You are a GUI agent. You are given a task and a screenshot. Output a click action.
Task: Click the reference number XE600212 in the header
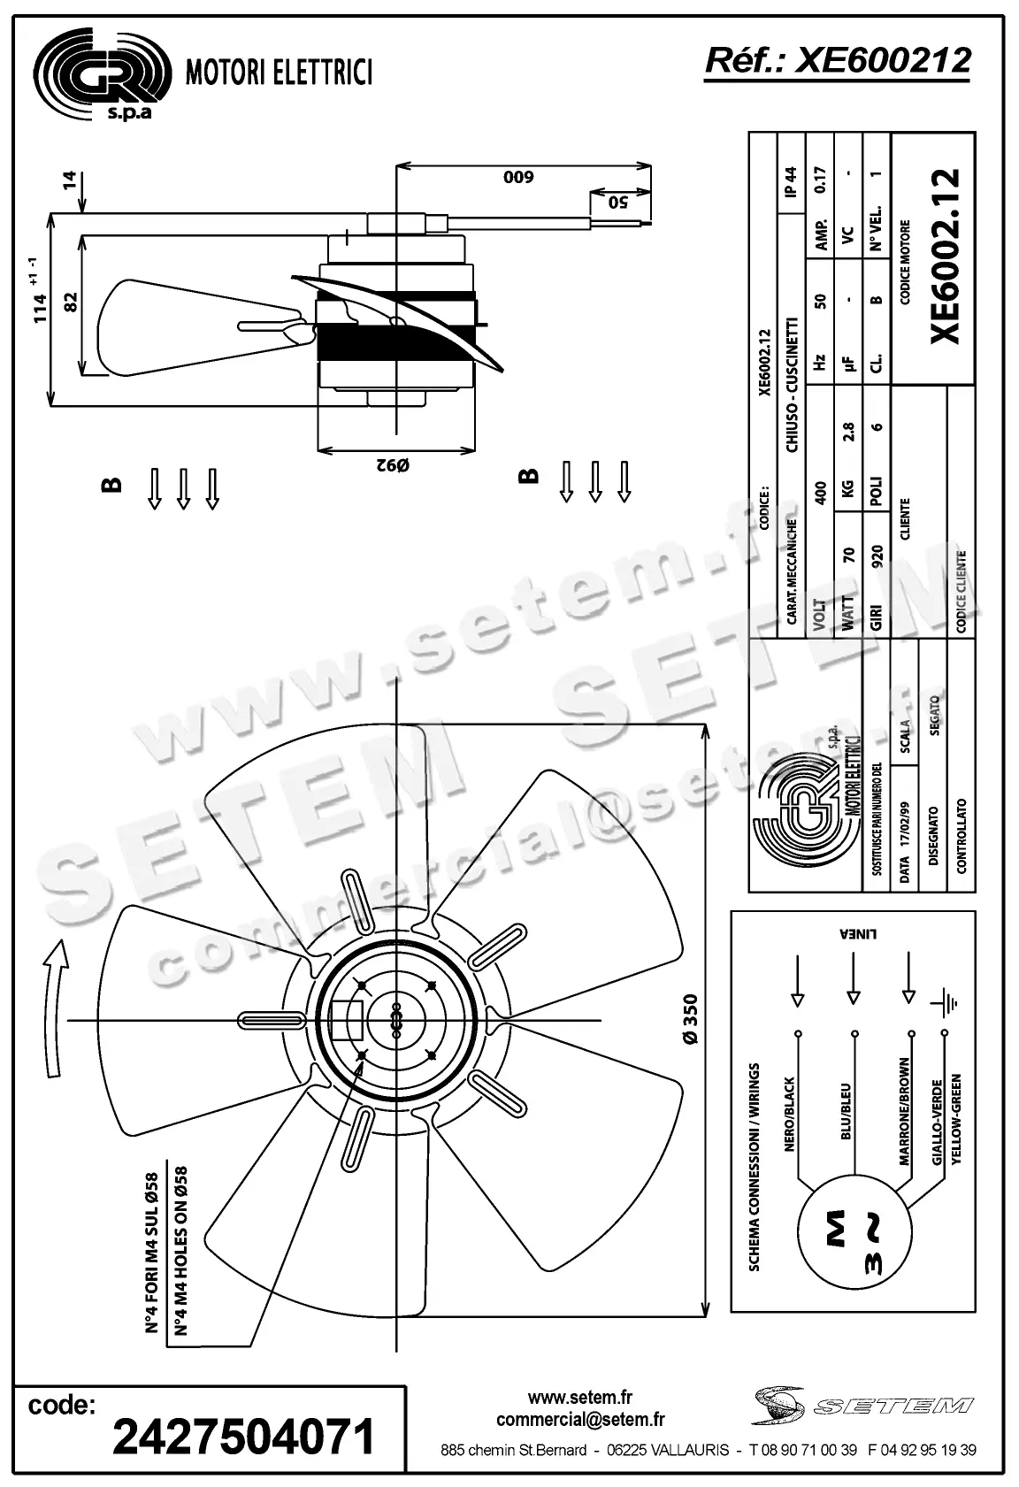837,59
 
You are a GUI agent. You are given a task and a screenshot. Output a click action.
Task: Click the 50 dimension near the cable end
618,202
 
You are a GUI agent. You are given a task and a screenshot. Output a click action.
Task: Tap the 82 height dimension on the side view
72,303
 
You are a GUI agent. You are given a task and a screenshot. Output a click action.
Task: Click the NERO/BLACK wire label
790,1115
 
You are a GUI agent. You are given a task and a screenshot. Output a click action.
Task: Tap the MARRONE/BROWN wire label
904,1112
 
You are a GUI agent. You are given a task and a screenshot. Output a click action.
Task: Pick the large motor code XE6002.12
946,257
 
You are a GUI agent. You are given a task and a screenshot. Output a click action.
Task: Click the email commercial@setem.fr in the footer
580,1420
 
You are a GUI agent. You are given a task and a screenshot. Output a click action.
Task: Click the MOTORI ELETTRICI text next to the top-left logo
278,73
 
